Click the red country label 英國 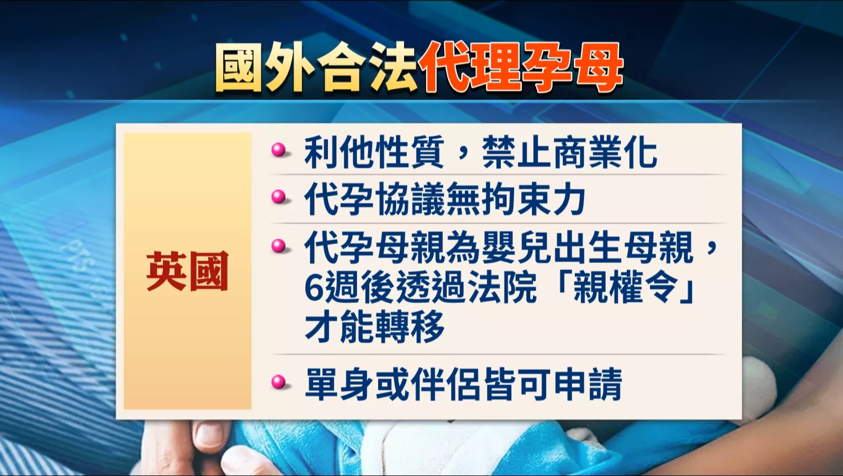187,271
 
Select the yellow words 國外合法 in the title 317,68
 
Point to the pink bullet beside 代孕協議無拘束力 279,196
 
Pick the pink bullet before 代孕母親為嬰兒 279,246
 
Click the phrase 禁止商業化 570,152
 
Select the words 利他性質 374,152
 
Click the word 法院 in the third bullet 502,287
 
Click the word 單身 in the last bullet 338,384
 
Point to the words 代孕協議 374,199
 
